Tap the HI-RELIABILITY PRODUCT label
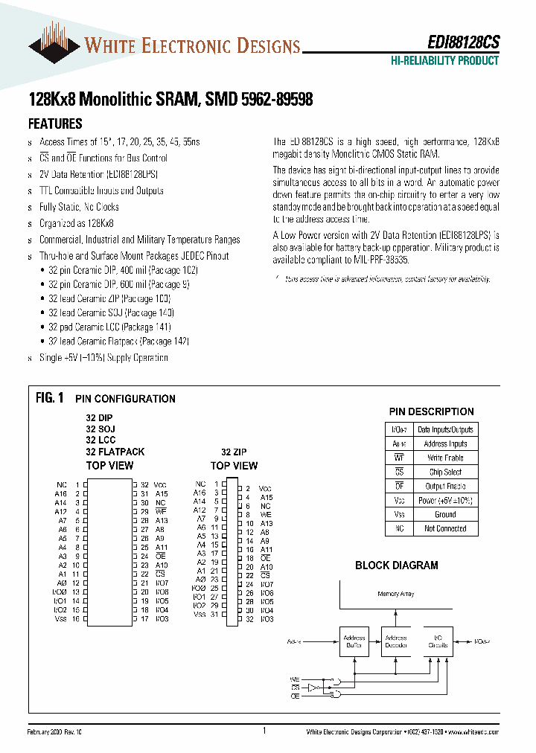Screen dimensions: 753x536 [444, 61]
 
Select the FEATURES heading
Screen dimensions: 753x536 [55, 124]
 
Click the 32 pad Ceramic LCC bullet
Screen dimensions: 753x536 [109, 327]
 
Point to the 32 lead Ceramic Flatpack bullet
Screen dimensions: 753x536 [118, 341]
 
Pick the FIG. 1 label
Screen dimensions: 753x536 [50, 398]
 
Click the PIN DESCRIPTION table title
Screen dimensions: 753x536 [431, 411]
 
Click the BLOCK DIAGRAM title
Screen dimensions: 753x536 [396, 565]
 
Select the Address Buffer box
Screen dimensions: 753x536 [354, 641]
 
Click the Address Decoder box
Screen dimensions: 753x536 [395, 641]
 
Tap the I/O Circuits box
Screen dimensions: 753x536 [438, 641]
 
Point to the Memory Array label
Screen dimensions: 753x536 [396, 594]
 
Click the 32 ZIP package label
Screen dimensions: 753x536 [234, 452]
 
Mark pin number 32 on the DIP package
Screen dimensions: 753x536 [145, 484]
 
